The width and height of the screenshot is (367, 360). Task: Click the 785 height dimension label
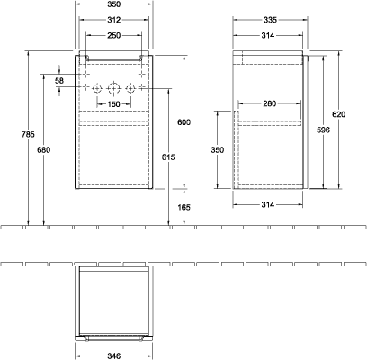pos(28,134)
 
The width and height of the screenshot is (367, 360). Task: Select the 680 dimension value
pos(44,149)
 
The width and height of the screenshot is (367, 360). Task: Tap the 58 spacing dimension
pos(59,80)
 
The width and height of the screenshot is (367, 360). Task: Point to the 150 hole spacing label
pos(113,104)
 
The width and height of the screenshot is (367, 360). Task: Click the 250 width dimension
pos(114,35)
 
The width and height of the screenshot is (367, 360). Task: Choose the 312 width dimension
pos(114,20)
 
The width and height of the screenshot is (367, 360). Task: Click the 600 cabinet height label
pos(183,122)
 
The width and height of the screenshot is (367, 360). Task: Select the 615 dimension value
pos(168,157)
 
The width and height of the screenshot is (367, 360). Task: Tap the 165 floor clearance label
pos(183,207)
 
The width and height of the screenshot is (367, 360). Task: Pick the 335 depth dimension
pos(270,20)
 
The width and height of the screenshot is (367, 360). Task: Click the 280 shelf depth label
pos(269,103)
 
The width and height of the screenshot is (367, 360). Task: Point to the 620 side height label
pos(339,114)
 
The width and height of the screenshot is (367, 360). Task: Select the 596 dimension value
pos(324,130)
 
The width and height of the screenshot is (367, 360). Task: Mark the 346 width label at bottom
pos(114,356)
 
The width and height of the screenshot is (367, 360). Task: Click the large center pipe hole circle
pos(113,88)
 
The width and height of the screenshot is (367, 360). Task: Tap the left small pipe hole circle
pos(97,88)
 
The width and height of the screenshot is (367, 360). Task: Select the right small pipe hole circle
pos(130,88)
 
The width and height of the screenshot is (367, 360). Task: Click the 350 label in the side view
pos(218,149)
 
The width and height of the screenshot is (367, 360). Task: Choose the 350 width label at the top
pos(114,4)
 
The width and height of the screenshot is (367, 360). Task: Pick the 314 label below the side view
pos(268,204)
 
